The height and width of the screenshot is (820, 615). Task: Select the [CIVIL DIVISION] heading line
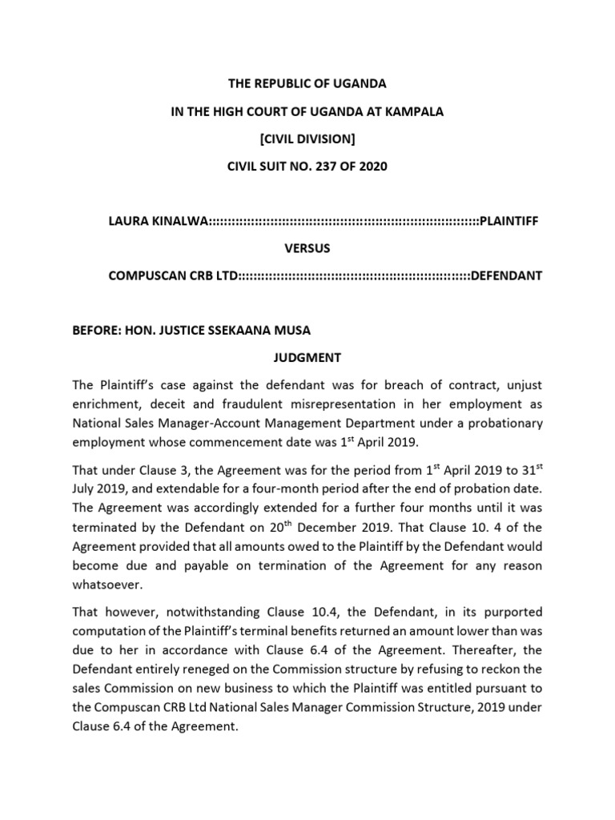pyautogui.click(x=307, y=139)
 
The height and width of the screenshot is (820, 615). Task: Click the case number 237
pyautogui.click(x=337, y=167)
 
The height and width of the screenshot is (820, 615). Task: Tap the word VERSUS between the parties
pyautogui.click(x=307, y=248)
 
